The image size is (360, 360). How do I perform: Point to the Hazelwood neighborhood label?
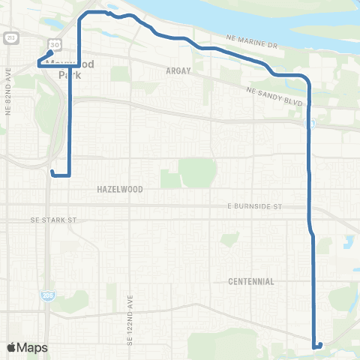[x=120, y=190]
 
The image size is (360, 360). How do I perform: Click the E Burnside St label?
[x=254, y=205]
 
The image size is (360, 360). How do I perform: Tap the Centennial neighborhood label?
[x=251, y=281]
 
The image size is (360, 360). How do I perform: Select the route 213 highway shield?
[x=10, y=37]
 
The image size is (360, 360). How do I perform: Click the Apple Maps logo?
[x=28, y=347]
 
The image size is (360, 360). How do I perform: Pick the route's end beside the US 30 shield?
[x=50, y=52]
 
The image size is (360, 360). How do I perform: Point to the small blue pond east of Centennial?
[x=349, y=242]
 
